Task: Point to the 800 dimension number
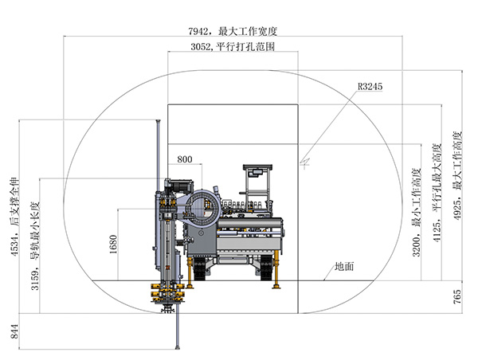coord(184,158)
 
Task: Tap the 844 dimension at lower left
coord(14,331)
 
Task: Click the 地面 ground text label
coord(344,266)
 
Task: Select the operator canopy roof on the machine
coord(257,169)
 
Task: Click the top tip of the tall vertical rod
coord(158,122)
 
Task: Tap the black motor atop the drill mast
coord(179,183)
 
